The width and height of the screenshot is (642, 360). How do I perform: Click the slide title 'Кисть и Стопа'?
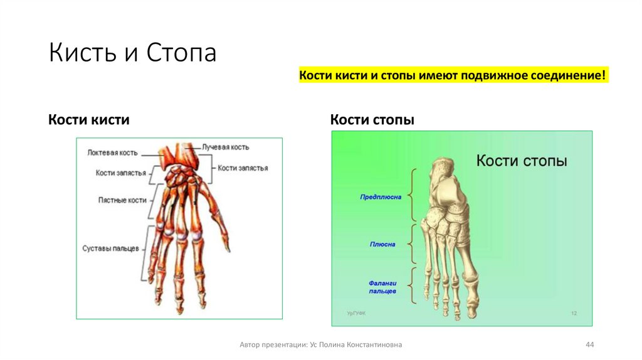(132, 53)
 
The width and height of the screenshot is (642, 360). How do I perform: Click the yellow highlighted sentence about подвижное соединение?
(453, 76)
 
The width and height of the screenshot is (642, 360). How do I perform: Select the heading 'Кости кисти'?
(89, 119)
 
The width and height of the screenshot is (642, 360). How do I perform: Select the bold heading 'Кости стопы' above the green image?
(372, 119)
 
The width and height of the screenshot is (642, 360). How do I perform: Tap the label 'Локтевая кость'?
(112, 152)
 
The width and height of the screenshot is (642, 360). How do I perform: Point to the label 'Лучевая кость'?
(225, 147)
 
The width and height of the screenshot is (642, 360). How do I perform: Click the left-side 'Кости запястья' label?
(121, 172)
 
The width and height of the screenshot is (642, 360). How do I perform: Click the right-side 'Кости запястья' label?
(243, 168)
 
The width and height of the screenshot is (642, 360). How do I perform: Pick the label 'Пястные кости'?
(122, 200)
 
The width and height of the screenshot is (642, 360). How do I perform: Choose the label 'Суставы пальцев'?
(110, 248)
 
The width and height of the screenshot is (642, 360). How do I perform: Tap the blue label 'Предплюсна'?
(381, 196)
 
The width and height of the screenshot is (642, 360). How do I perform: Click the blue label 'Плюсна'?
(382, 244)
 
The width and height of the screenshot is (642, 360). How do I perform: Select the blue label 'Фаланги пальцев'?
(382, 287)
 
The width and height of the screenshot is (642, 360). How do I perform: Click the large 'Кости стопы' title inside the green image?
(522, 161)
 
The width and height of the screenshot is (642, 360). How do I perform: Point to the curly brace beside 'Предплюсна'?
(413, 193)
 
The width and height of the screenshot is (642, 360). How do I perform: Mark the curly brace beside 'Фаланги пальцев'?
(413, 286)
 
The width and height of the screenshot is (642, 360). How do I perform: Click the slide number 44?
(589, 344)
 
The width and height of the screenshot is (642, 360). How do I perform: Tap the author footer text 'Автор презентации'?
(321, 344)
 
